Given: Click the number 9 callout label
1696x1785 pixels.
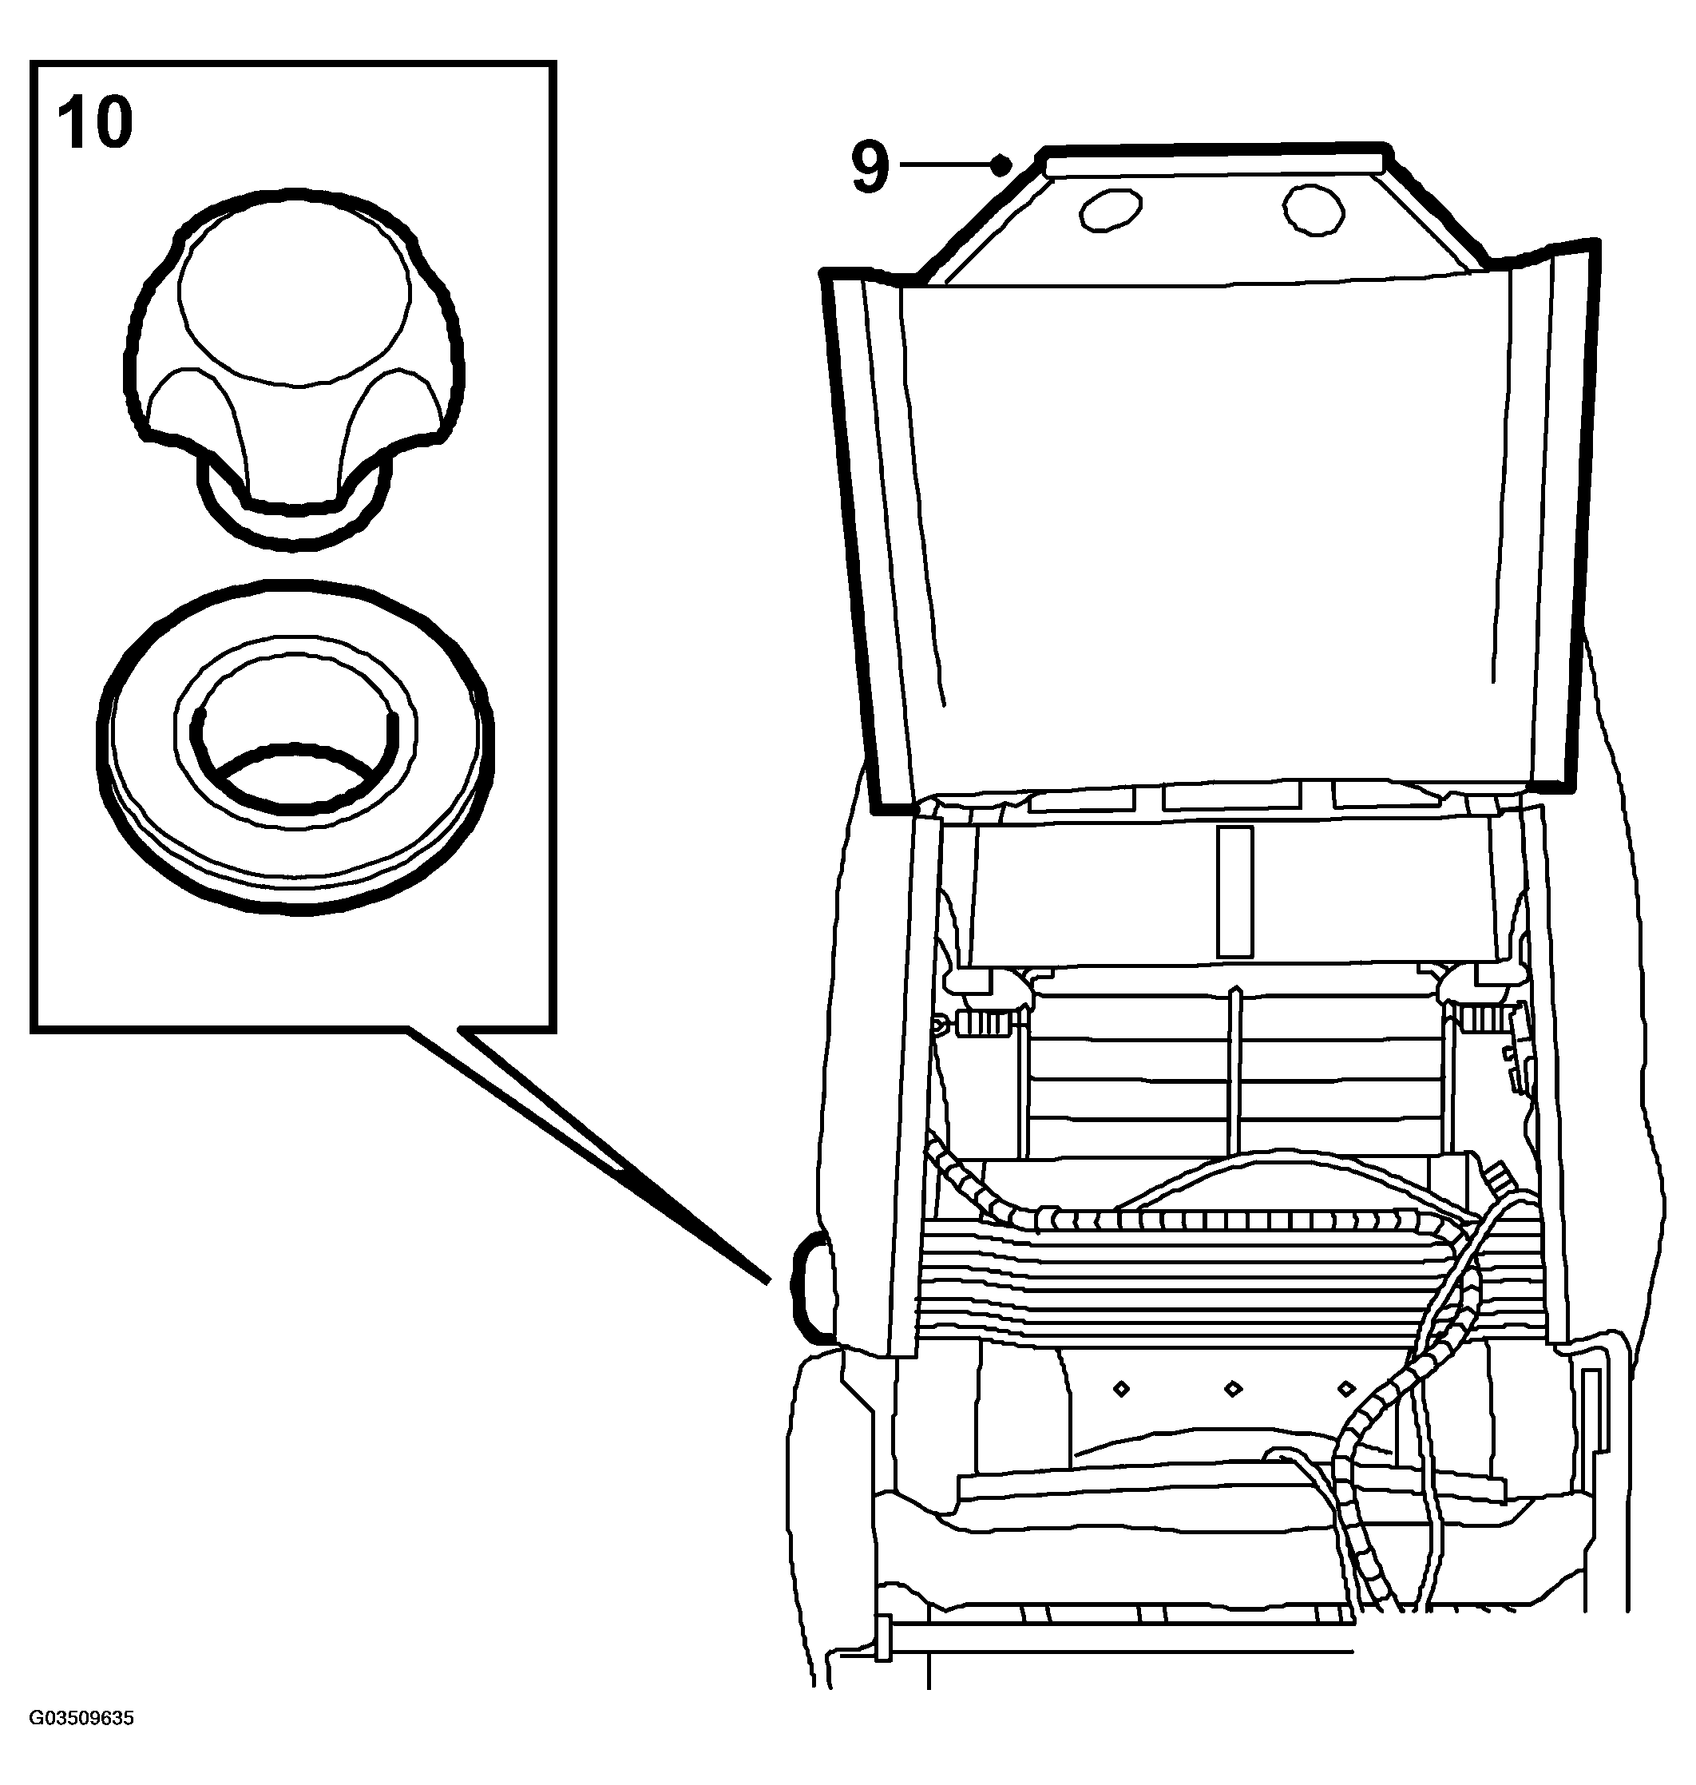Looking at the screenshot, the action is coord(870,166).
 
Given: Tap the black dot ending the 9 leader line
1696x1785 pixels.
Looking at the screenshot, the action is coord(999,165).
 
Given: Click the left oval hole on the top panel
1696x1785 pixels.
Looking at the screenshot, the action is coord(1109,212).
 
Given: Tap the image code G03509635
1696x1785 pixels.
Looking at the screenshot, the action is coord(81,1718).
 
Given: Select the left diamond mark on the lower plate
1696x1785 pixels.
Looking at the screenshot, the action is coord(1121,1389).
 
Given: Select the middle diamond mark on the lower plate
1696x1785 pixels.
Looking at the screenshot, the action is coord(1232,1389).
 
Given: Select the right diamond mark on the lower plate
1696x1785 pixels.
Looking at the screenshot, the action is coord(1346,1388).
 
